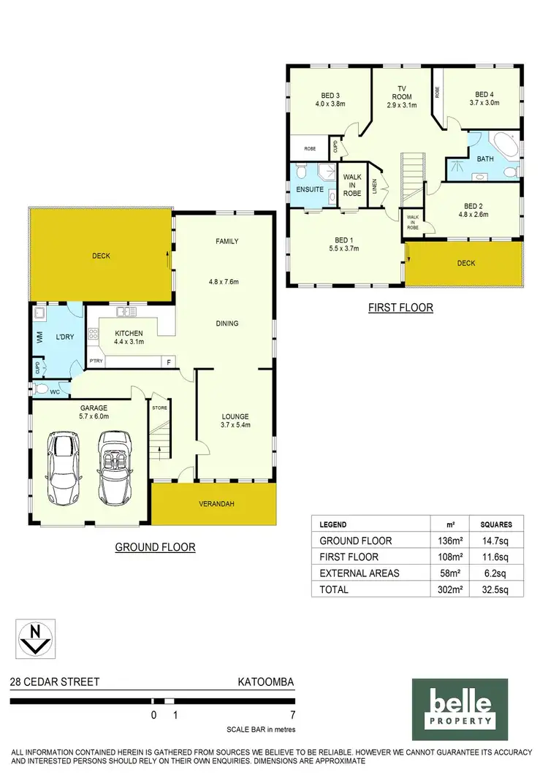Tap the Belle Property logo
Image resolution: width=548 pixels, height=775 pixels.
tap(459, 709)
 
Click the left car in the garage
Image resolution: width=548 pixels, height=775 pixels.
tap(63, 467)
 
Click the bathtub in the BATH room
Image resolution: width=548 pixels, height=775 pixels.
tap(504, 146)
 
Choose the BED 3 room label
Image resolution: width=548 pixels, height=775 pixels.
tap(330, 94)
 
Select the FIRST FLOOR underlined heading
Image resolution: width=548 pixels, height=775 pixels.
tap(400, 308)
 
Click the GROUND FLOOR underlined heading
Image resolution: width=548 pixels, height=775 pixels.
tap(155, 546)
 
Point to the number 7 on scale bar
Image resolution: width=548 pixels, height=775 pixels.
tap(292, 715)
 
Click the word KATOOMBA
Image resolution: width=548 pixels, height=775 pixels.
tap(266, 682)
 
